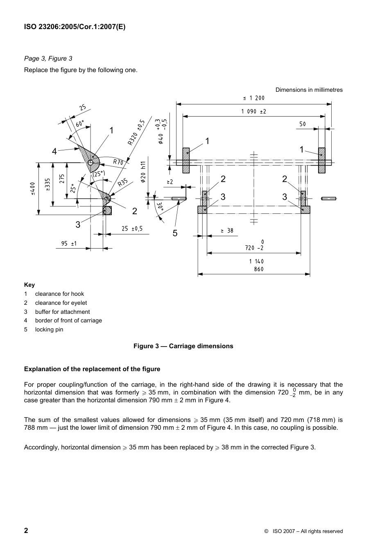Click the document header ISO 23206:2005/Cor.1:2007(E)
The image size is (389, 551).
point(75,27)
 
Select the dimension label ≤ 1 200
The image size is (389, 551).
point(254,98)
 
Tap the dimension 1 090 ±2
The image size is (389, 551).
point(253,111)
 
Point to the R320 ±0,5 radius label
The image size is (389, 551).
point(136,132)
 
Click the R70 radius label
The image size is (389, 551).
point(118,162)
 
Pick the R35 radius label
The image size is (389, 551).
point(123,183)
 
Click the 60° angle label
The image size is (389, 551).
point(80,123)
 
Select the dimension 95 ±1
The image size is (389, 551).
point(69,244)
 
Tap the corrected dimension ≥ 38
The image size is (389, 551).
point(227,231)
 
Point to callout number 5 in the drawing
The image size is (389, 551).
point(175,234)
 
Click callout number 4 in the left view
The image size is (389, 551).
point(54,151)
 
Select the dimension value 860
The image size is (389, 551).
point(258,269)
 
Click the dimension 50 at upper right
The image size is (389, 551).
point(302,124)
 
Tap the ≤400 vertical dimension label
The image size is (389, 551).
point(33,188)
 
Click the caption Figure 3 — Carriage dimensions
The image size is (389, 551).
point(183,346)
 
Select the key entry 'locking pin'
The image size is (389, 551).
point(49,329)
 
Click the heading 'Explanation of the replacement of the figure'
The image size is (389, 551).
point(92,369)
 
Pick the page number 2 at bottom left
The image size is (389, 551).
point(26,531)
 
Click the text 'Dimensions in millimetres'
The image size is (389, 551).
point(309,90)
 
